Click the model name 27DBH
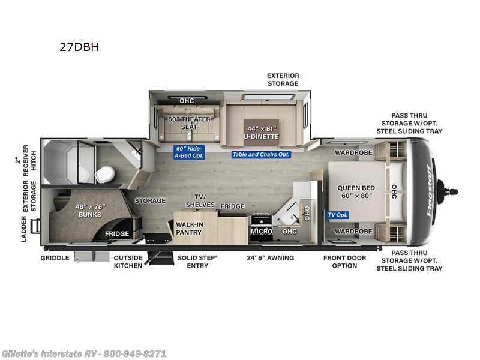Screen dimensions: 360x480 pyautogui.click(x=79, y=47)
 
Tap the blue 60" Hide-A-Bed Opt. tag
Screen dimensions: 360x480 pyautogui.click(x=190, y=152)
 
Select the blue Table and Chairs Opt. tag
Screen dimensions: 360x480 pyautogui.click(x=261, y=154)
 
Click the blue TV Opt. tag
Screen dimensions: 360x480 pyautogui.click(x=337, y=215)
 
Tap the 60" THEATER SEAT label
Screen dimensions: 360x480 pyautogui.click(x=190, y=123)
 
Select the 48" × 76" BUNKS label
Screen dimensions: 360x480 pyautogui.click(x=89, y=210)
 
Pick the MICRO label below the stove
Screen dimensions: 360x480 pyautogui.click(x=262, y=231)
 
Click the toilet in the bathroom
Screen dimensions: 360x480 pyautogui.click(x=104, y=175)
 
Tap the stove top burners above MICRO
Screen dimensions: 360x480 pyautogui.click(x=262, y=218)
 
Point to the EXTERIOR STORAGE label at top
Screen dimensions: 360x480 pyautogui.click(x=283, y=80)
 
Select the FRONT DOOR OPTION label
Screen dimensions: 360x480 pyautogui.click(x=344, y=262)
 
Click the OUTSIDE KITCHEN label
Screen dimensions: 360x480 pyautogui.click(x=128, y=262)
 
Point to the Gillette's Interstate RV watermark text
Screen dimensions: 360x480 pyautogui.click(x=84, y=353)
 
